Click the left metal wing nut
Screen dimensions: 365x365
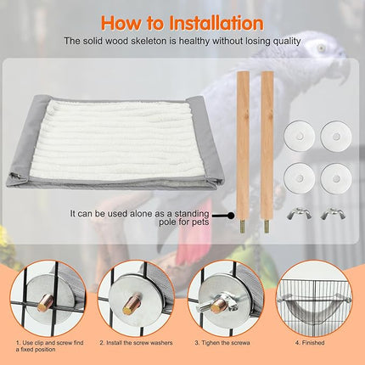point(298,213)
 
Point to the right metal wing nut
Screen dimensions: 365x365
point(331,213)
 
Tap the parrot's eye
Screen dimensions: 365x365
point(320,48)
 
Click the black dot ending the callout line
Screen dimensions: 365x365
point(230,216)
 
